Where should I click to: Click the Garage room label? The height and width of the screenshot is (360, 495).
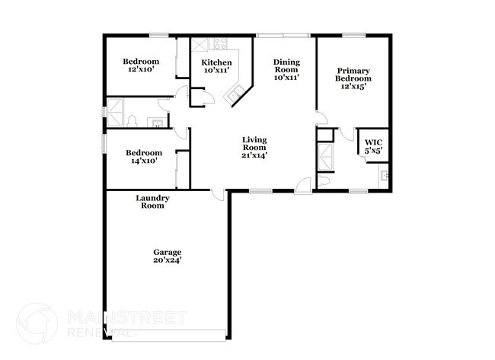pyautogui.click(x=167, y=252)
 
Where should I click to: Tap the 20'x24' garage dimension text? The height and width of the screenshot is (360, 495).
pyautogui.click(x=167, y=260)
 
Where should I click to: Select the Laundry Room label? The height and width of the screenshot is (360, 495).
pyautogui.click(x=152, y=202)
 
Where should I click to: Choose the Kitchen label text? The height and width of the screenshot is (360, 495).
pyautogui.click(x=216, y=62)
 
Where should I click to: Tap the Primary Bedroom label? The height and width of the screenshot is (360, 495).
pyautogui.click(x=353, y=75)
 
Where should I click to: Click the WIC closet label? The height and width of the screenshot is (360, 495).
pyautogui.click(x=372, y=142)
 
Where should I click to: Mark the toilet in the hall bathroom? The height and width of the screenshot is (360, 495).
pyautogui.click(x=133, y=121)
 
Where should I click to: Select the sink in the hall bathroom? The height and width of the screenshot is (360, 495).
pyautogui.click(x=158, y=122)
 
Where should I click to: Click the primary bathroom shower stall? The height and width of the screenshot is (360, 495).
pyautogui.click(x=325, y=159)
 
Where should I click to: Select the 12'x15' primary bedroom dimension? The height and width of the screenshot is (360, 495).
pyautogui.click(x=353, y=87)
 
